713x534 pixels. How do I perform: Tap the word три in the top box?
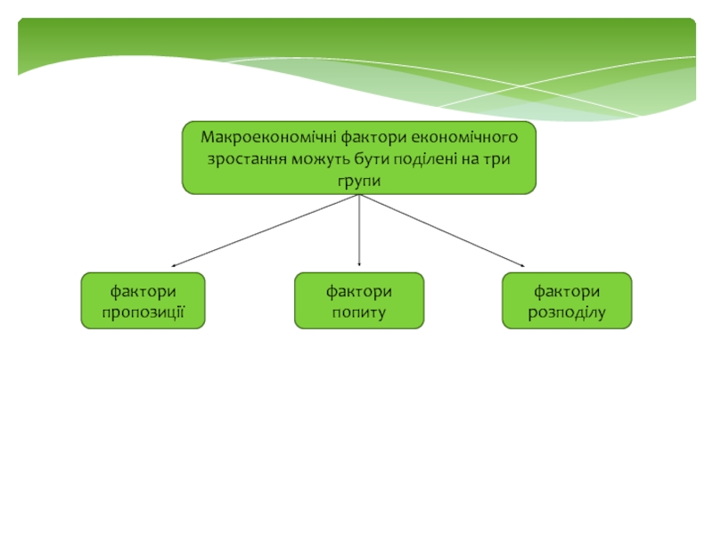click(496, 159)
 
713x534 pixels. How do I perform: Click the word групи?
click(359, 180)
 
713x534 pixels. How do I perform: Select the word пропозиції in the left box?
click(143, 311)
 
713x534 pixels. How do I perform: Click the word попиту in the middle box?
click(359, 311)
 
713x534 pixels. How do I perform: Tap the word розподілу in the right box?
click(567, 311)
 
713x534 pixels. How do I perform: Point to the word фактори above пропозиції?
click(143, 292)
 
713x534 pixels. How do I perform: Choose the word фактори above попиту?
click(359, 292)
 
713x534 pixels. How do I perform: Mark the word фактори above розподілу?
click(567, 292)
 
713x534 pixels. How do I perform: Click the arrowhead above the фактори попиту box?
click(359, 262)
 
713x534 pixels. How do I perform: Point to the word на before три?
click(470, 159)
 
